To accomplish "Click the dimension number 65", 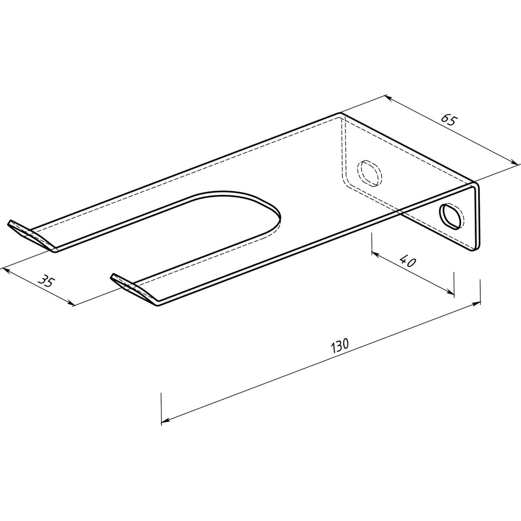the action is pos(449,120).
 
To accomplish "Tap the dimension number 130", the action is pos(340,345).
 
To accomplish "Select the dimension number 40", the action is pos(407,261).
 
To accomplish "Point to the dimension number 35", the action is pos(45,281).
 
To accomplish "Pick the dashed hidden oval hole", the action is pos(369,173).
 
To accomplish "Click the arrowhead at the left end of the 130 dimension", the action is pos(165,421).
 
